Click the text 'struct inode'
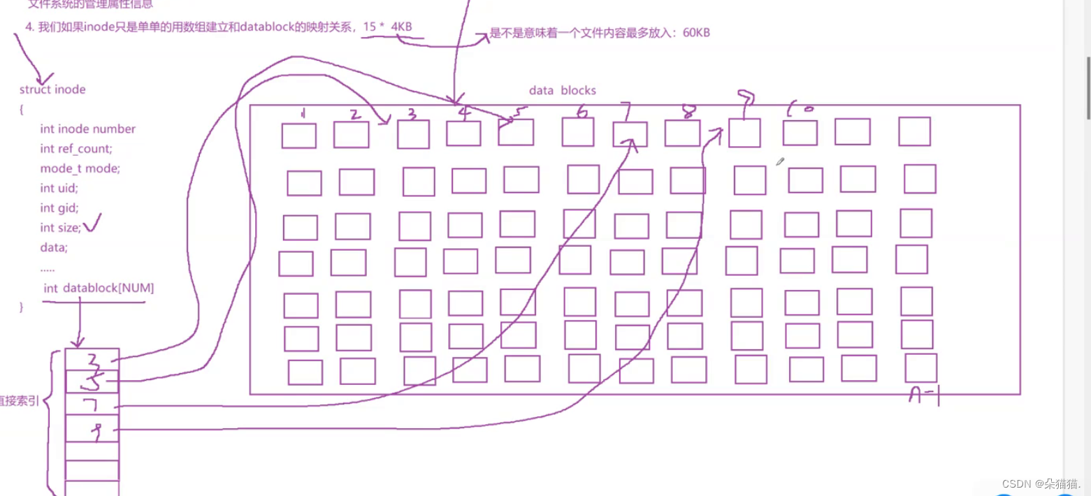(52, 89)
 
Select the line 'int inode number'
(87, 129)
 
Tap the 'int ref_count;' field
(75, 148)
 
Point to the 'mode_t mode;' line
(80, 168)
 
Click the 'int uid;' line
(59, 187)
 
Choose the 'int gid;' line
(59, 207)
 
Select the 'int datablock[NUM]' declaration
(98, 288)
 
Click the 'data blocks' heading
(562, 90)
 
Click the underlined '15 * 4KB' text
(387, 27)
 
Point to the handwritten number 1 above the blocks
(303, 113)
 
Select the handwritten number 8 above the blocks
(688, 112)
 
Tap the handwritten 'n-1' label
(923, 397)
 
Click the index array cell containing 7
(92, 404)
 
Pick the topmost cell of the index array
(92, 359)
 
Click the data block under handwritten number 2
(351, 135)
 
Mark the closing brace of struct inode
(22, 307)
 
